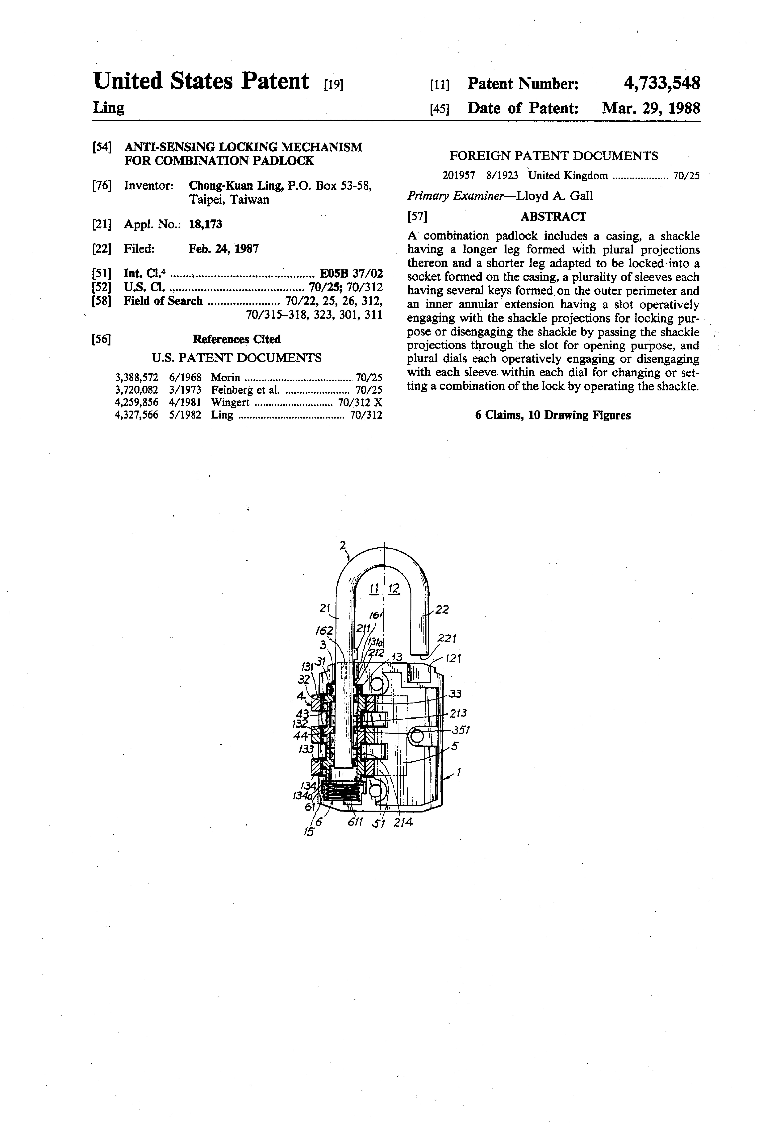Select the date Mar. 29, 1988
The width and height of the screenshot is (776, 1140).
(651, 108)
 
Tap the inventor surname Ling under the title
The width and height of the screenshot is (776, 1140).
(108, 107)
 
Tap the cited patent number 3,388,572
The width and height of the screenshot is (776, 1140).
(136, 377)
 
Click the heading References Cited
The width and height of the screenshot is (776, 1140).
(236, 339)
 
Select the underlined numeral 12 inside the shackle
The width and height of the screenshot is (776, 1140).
(394, 589)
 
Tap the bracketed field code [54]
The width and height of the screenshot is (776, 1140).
(102, 147)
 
